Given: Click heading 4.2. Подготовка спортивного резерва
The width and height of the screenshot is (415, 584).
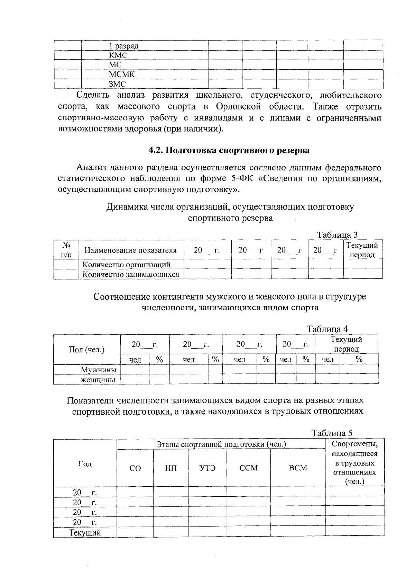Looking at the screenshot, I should (229, 150).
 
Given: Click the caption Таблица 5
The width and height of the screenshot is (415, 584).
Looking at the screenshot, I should (332, 433).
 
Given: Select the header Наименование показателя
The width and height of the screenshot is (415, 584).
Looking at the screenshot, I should (130, 250).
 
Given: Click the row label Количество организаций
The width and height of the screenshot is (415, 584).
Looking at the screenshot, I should (127, 265).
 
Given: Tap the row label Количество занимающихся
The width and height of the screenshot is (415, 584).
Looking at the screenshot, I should (131, 274).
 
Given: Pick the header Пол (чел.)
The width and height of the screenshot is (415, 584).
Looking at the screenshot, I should (86, 349).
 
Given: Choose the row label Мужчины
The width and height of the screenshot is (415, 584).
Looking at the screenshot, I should (99, 370).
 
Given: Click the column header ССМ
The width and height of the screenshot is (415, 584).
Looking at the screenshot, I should (248, 468).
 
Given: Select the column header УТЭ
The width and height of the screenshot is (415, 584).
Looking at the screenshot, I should (207, 468).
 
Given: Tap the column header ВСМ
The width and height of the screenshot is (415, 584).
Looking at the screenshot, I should (298, 468).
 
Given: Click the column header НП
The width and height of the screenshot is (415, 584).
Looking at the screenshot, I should (170, 468).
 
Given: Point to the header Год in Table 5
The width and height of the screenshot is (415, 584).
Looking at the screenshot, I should (85, 464).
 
